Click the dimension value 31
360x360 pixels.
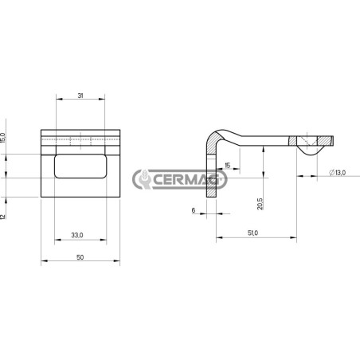80,96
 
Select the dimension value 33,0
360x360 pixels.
77,235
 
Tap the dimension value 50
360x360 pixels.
80,257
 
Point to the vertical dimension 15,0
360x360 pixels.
3,138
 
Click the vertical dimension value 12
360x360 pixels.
3,217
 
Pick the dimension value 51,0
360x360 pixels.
252,233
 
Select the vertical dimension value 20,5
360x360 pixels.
260,204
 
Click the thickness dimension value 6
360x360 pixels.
194,210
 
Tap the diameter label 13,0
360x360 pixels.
338,173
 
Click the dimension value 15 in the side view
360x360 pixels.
228,166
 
